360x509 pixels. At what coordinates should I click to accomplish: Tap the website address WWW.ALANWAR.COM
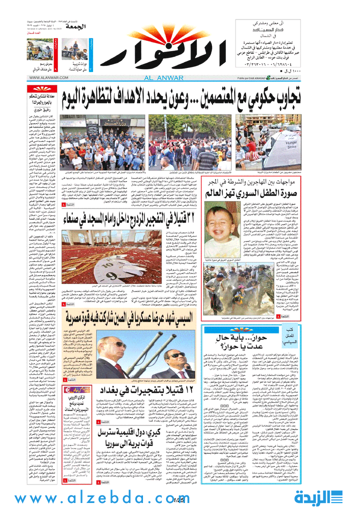tap(47, 77)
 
